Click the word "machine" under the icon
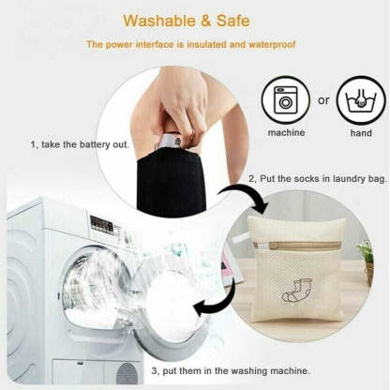(x=286, y=132)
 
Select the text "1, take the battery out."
(x=80, y=144)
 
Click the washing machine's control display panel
(x=102, y=225)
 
